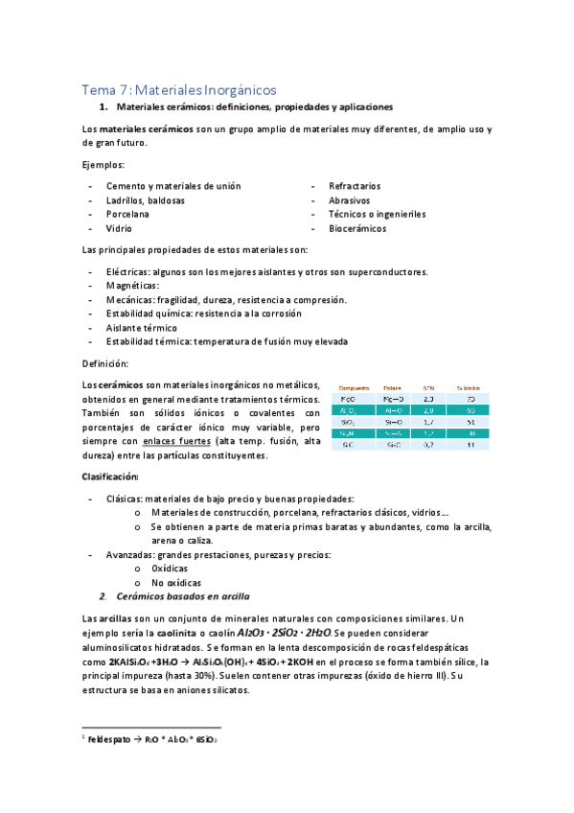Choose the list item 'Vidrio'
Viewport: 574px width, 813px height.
coord(119,229)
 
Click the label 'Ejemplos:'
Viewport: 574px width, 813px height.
coord(104,165)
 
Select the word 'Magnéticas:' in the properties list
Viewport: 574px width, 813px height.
coord(132,286)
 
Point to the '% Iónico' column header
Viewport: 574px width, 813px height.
coord(469,387)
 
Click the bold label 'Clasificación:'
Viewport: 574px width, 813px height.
coord(111,476)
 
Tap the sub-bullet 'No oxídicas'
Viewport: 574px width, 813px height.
coord(176,583)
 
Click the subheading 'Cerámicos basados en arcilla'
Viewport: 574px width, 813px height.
coord(188,596)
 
